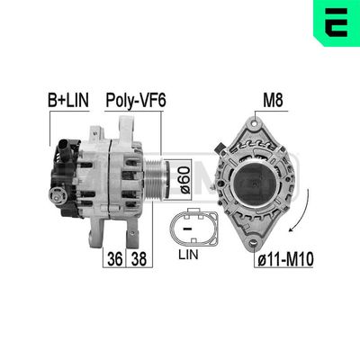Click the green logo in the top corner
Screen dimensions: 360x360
pos(337,20)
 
